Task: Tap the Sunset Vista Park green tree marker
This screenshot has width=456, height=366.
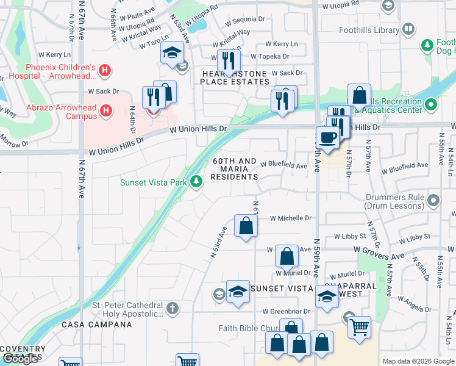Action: coord(196,181)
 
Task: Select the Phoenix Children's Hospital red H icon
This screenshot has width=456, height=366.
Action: coord(105,71)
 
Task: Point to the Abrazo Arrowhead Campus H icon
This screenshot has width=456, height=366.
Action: coord(107,110)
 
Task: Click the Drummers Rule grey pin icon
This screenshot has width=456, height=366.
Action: coord(433,200)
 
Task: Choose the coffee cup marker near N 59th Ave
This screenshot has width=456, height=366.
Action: coord(328,138)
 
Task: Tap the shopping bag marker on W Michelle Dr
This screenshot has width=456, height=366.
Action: coord(245,226)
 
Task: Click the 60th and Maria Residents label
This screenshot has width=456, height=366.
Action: coord(235,169)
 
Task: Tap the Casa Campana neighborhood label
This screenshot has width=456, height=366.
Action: coord(97,325)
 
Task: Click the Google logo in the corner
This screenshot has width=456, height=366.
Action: coord(20,359)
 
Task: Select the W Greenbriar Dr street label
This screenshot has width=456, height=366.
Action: coord(287,311)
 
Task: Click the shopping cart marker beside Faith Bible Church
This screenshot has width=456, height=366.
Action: coord(359,328)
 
